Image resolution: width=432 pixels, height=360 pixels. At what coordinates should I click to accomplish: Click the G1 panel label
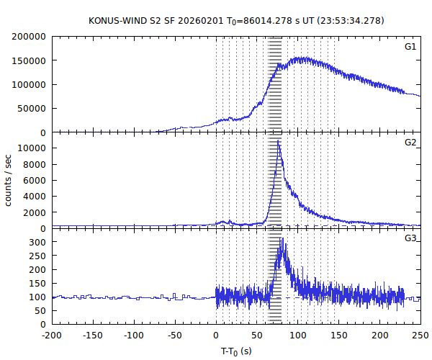pos(410,47)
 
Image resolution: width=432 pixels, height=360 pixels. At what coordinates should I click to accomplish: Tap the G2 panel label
pos(410,142)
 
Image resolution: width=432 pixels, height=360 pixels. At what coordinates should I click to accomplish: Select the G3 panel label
pos(410,238)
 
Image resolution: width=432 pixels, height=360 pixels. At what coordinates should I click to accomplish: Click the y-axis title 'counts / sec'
pos(9,180)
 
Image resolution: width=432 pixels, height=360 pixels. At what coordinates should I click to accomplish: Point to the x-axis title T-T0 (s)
pos(236,351)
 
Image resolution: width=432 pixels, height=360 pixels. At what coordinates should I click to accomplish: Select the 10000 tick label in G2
pos(33,148)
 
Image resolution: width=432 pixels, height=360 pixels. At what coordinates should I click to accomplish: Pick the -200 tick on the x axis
pos(52,336)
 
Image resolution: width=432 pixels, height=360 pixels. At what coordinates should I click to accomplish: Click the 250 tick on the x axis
pos(420,336)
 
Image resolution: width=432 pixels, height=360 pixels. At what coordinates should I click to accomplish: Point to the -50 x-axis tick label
pos(175,336)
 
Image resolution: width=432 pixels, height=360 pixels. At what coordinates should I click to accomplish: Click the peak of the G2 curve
pos(278,141)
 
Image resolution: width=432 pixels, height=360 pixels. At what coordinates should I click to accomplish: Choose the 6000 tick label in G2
pos(36,180)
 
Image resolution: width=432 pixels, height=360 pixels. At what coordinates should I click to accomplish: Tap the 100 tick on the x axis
pos(298,336)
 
